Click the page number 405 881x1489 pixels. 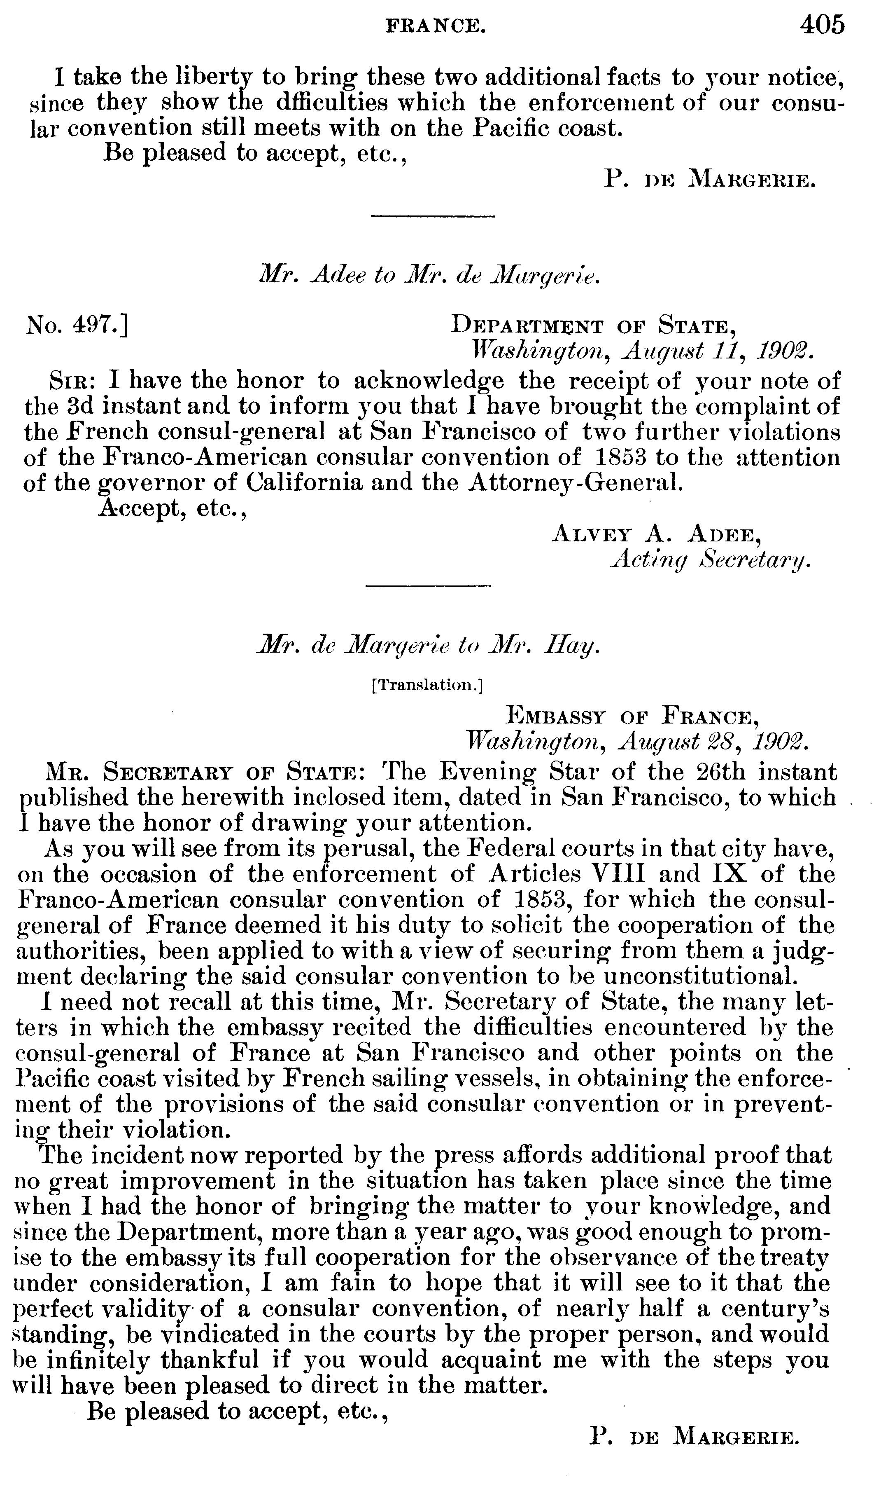822,25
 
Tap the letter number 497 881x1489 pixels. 77,326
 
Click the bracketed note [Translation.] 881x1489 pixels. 427,686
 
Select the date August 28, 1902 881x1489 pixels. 712,742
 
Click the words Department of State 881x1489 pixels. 591,326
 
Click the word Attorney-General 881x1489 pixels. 575,482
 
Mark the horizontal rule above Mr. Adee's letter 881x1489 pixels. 432,216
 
